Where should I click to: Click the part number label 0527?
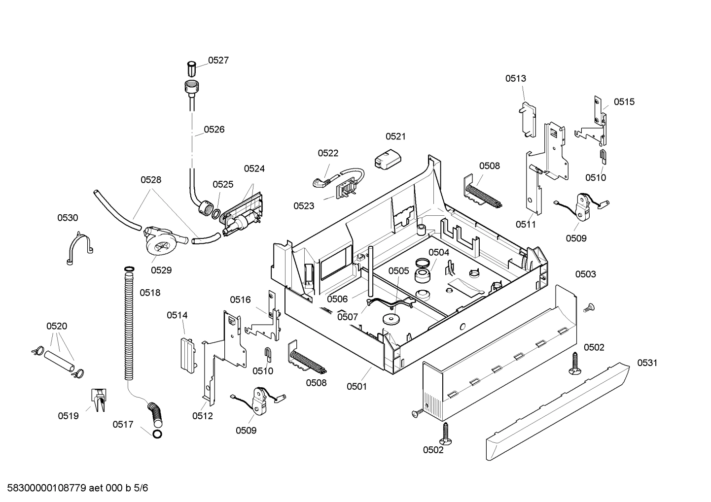pos(218,60)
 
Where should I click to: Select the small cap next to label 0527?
pos(192,67)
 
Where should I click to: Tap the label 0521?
pos(395,136)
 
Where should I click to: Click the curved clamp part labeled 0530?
pos(79,249)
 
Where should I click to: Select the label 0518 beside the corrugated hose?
pos(150,293)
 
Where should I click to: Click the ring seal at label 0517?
pos(157,434)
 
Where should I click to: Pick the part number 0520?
pos(57,326)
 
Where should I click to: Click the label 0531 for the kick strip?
pos(647,363)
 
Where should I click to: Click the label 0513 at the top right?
pos(515,78)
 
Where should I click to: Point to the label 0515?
pos(624,101)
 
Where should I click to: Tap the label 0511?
pos(526,224)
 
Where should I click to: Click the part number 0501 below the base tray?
pos(356,386)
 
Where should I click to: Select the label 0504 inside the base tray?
pos(438,252)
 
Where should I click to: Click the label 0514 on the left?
pos(177,315)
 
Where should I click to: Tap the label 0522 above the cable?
pos(328,153)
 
